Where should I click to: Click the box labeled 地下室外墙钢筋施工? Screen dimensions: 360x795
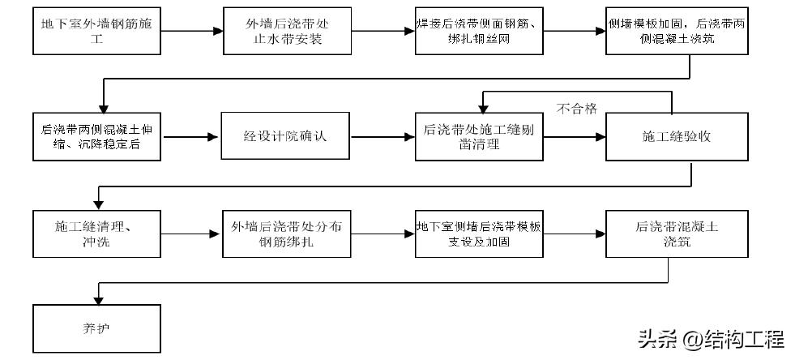(96, 31)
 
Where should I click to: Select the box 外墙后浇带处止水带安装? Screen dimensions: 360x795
(288, 31)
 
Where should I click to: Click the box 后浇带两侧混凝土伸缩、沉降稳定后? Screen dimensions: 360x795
(96, 136)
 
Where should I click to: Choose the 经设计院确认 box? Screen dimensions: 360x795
(288, 136)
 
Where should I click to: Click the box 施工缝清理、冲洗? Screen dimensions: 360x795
(96, 234)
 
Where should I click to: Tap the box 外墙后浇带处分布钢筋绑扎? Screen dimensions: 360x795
(288, 234)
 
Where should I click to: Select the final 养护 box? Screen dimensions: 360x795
(96, 328)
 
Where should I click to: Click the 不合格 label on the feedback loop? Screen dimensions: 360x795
(577, 109)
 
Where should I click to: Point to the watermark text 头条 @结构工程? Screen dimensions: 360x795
(710, 337)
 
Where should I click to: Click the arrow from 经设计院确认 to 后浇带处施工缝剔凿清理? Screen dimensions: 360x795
(383, 136)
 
